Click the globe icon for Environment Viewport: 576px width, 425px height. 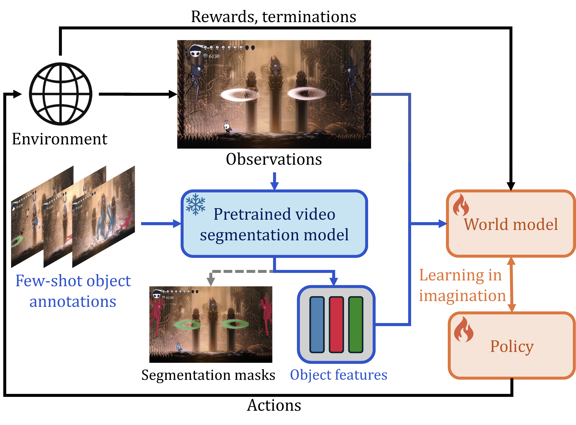tap(61, 94)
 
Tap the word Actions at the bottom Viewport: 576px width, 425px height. tap(274, 406)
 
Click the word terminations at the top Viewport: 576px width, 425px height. tap(309, 17)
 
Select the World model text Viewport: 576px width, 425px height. tap(511, 224)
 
